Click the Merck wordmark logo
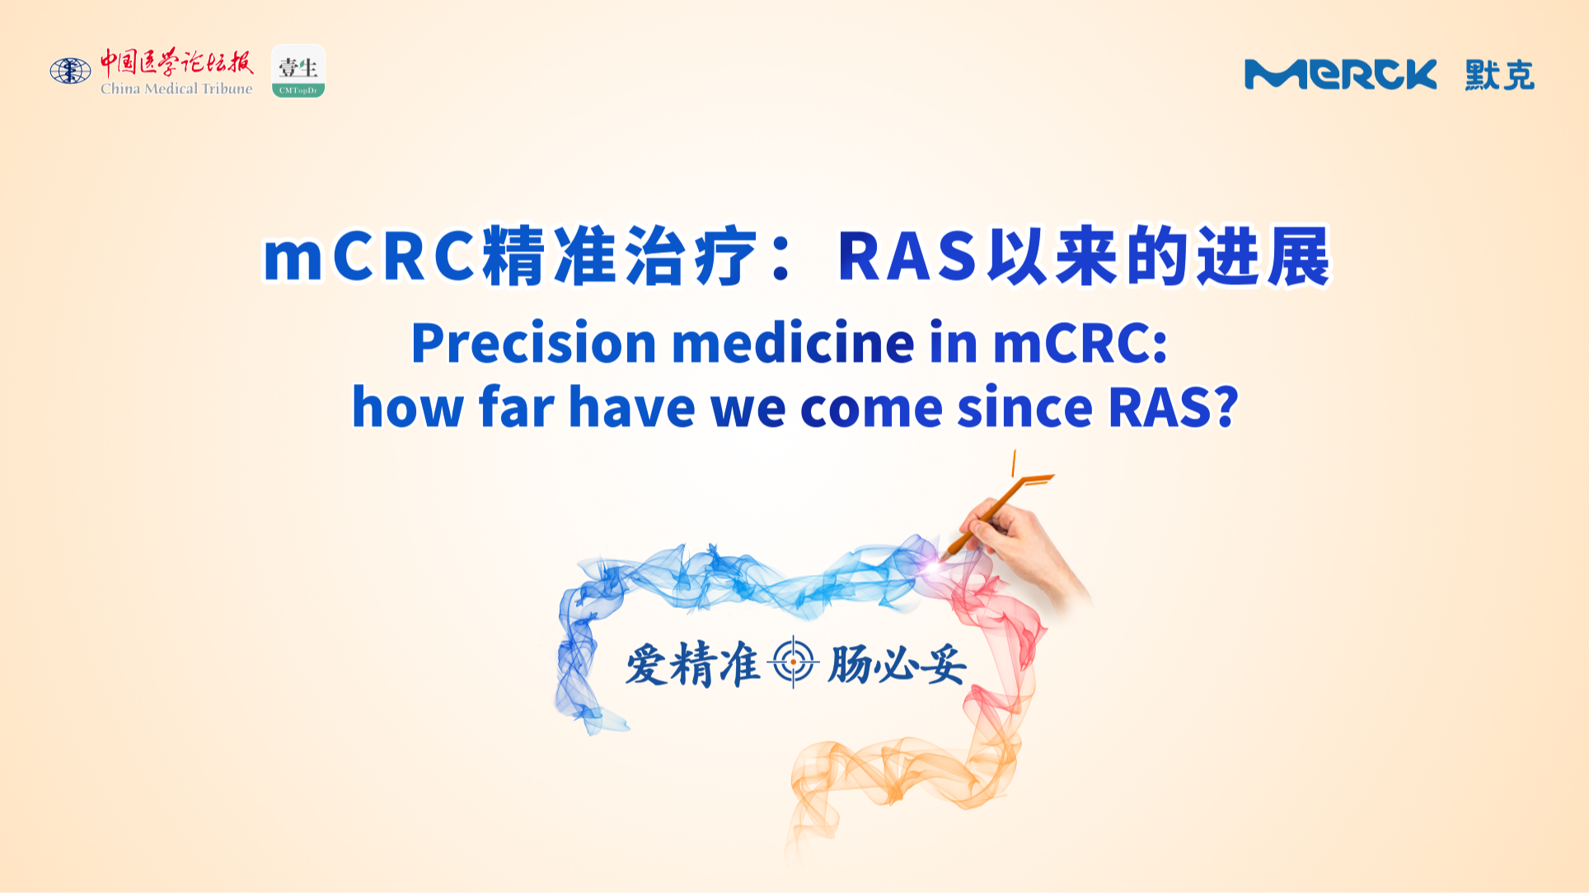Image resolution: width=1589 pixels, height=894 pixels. pyautogui.click(x=1340, y=74)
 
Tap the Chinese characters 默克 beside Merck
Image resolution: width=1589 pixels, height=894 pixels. pyautogui.click(x=1499, y=75)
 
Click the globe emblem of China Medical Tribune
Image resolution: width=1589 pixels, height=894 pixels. pyautogui.click(x=70, y=71)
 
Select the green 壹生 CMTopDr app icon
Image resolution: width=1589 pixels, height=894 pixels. pyautogui.click(x=298, y=71)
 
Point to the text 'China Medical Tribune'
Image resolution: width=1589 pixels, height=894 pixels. pyautogui.click(x=176, y=88)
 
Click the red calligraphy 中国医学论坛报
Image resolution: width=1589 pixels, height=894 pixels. pyautogui.click(x=176, y=62)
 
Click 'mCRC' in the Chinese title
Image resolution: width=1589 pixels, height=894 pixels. pyautogui.click(x=368, y=256)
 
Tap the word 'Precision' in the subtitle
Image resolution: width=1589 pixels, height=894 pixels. pyautogui.click(x=533, y=343)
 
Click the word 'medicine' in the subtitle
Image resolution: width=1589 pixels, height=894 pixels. pyautogui.click(x=793, y=343)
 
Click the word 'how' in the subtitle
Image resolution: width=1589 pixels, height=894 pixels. pyautogui.click(x=408, y=407)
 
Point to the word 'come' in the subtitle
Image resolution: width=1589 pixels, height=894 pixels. pyautogui.click(x=871, y=408)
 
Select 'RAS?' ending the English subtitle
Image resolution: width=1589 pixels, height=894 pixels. pyautogui.click(x=1174, y=407)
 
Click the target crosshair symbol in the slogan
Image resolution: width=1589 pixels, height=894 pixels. pyautogui.click(x=793, y=662)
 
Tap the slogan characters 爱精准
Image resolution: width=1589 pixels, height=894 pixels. pyautogui.click(x=693, y=664)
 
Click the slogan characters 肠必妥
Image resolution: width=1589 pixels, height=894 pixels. pyautogui.click(x=896, y=664)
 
